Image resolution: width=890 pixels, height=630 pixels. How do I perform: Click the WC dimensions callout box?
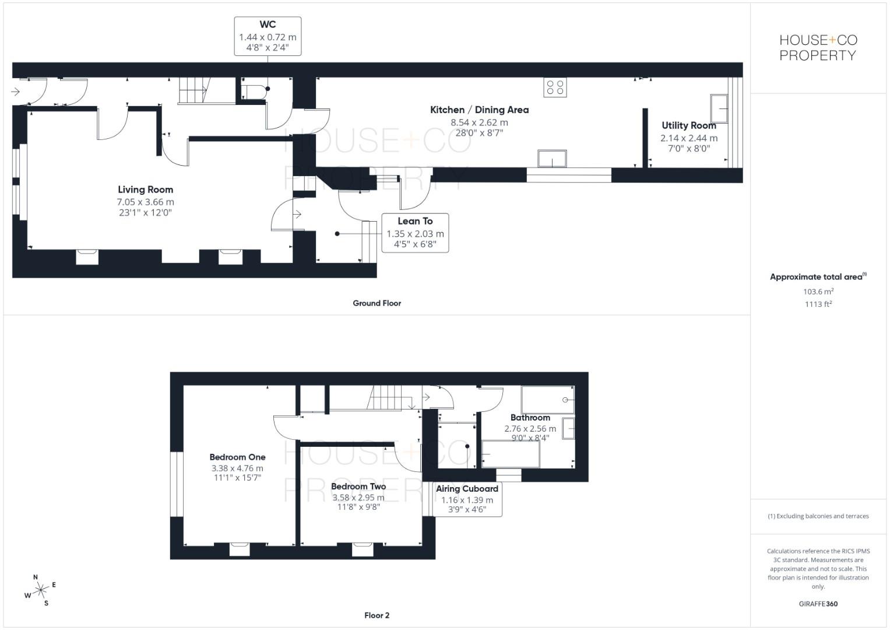click(x=268, y=36)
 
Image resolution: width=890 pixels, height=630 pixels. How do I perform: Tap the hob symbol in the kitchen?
click(x=555, y=87)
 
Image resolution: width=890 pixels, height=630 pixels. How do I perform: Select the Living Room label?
click(x=145, y=190)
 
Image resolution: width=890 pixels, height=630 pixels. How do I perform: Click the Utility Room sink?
click(x=719, y=108)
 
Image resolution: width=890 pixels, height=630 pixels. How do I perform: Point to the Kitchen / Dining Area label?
click(x=479, y=110)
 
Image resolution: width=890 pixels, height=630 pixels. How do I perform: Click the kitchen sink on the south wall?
click(x=552, y=159)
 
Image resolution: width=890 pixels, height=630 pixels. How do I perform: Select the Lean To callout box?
click(x=415, y=233)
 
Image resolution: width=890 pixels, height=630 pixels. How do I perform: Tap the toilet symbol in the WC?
click(x=255, y=92)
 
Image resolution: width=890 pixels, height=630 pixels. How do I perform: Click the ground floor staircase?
click(x=192, y=91)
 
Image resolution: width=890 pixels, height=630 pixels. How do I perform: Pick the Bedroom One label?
click(x=237, y=457)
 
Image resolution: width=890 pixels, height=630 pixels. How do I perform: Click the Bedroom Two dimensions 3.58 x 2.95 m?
click(x=358, y=498)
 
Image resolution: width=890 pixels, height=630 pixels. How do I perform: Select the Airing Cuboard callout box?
click(x=467, y=499)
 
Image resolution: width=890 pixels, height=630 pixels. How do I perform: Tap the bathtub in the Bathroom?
click(x=511, y=454)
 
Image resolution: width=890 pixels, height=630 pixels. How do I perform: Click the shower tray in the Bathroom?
click(x=547, y=400)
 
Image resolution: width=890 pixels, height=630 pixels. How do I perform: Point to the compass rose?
click(x=40, y=591)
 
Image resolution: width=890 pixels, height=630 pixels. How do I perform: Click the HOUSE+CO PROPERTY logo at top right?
click(x=818, y=48)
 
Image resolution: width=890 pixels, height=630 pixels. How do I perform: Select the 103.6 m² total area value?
click(x=818, y=291)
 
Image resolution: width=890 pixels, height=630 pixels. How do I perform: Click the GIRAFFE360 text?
click(x=818, y=604)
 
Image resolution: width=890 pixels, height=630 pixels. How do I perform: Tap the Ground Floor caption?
click(x=377, y=303)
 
